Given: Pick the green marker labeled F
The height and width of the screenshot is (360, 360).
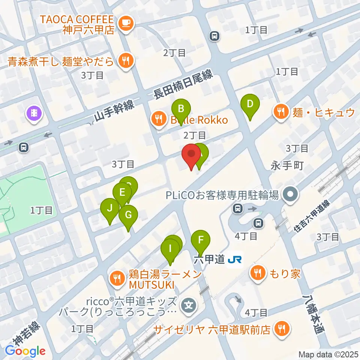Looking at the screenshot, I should point(201,240).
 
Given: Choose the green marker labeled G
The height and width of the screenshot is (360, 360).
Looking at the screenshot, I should point(128,216).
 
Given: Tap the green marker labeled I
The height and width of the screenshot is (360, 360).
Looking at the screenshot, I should point(170,249).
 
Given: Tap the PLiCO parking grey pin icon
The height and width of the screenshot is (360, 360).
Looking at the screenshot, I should point(290,194).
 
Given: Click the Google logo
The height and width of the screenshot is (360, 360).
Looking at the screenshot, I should point(25,351).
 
